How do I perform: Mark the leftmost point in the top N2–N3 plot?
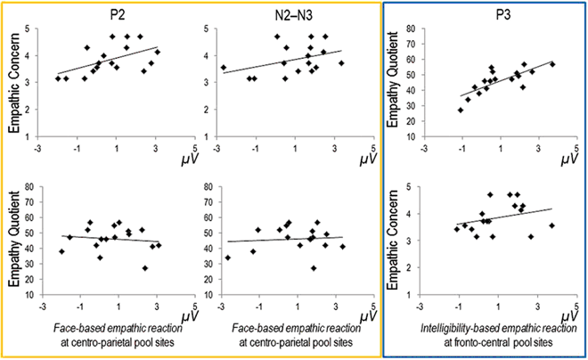point(224,67)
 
